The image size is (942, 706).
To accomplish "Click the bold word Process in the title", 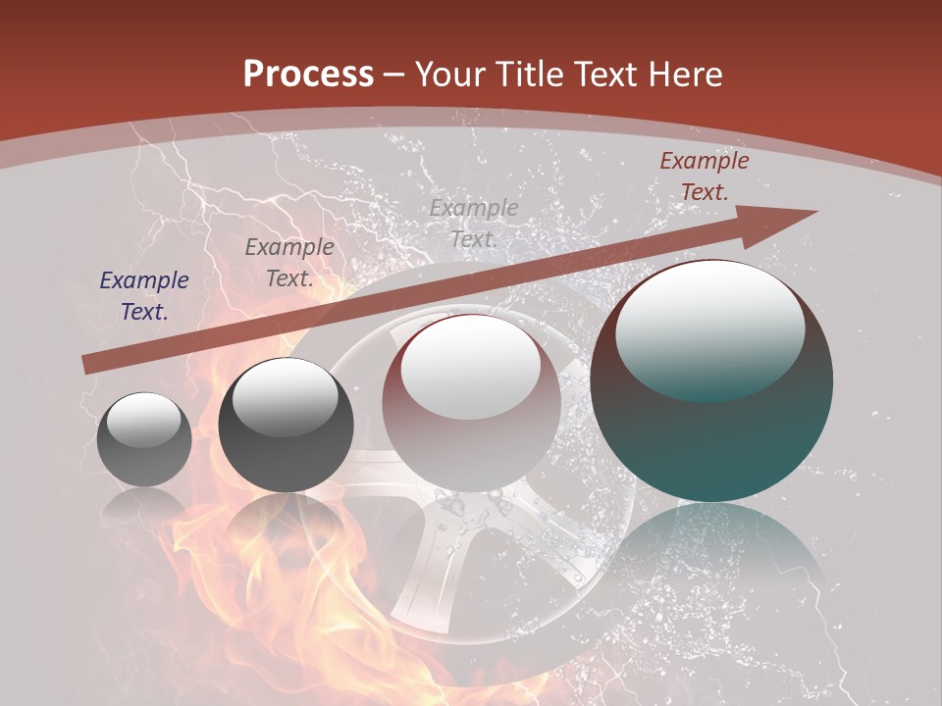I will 308,75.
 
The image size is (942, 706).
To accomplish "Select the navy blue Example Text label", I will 144,296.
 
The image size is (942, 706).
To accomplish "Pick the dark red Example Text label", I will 704,176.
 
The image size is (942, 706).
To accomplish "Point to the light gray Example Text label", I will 473,224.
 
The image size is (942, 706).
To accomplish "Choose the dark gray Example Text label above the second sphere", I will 289,263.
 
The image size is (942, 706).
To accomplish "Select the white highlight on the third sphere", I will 471,365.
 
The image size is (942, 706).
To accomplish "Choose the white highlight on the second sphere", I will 285,395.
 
